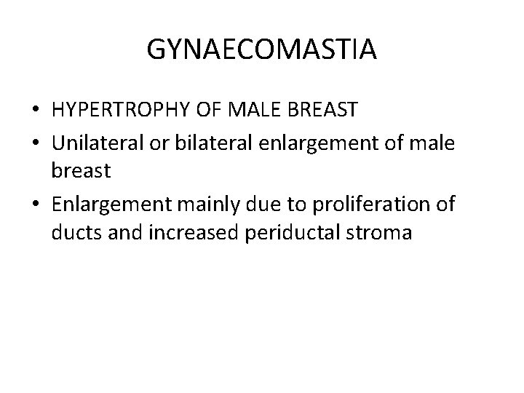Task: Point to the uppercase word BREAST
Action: (322, 110)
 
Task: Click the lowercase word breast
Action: (81, 172)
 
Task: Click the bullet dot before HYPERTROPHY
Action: (34, 111)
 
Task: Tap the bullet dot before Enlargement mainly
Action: (34, 205)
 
